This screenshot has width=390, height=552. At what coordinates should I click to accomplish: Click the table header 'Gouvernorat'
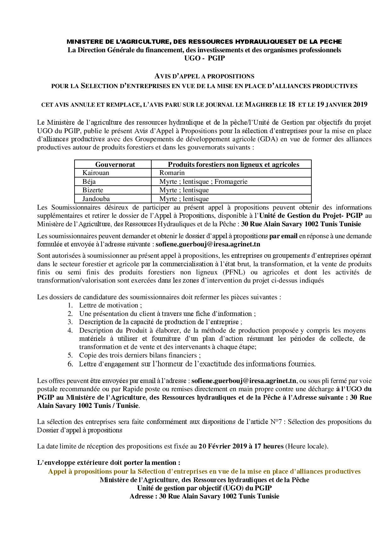115,164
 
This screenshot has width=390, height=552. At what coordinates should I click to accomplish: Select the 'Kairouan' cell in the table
96,173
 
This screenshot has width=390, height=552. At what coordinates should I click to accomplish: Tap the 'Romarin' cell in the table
172,173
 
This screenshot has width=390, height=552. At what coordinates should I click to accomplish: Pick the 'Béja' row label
89,182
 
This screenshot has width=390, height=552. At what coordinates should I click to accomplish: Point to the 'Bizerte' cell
93,190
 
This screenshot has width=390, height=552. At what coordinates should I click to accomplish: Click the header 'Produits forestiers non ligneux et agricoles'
233,164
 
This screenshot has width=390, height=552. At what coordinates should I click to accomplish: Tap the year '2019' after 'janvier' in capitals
360,105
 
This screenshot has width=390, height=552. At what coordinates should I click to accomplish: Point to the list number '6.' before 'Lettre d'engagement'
70,364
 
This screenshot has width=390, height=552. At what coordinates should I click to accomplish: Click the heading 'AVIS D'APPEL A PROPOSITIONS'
204,76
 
